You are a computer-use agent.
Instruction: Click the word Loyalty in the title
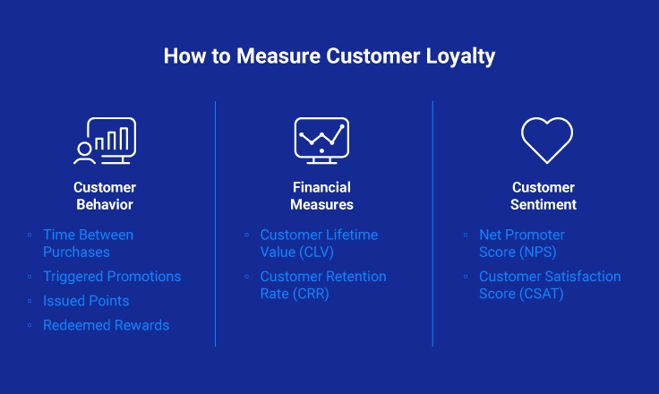tap(460, 56)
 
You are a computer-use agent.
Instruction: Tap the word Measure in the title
tap(278, 56)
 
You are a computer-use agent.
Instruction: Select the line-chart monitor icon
tap(321, 141)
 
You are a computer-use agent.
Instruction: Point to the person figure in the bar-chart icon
tap(84, 152)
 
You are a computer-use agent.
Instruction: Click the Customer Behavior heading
tap(105, 195)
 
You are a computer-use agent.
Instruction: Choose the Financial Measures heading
tap(321, 195)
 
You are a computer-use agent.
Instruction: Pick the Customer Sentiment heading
tap(543, 195)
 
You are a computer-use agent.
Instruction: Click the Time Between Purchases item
tap(89, 243)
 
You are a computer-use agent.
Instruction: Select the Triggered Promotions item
tap(112, 277)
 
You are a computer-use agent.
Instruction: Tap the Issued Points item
tap(86, 301)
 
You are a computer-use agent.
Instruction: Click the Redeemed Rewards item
tap(106, 325)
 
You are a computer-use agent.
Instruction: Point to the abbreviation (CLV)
tap(316, 252)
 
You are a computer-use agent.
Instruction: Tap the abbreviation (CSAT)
tap(542, 294)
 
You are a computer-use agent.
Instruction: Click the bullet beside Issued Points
tap(30, 301)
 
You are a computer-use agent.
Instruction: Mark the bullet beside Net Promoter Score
tap(466, 235)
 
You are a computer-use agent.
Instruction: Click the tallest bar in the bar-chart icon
tap(124, 139)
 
